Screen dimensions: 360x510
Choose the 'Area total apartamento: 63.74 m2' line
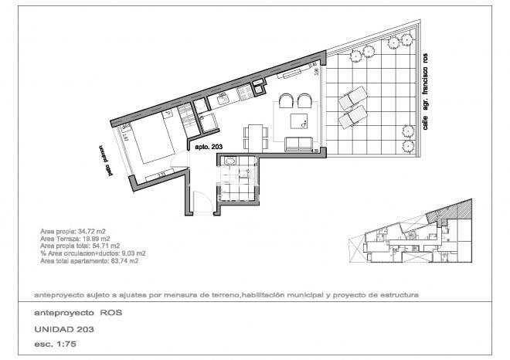(x=89, y=261)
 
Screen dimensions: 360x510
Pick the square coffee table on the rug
(x=298, y=120)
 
